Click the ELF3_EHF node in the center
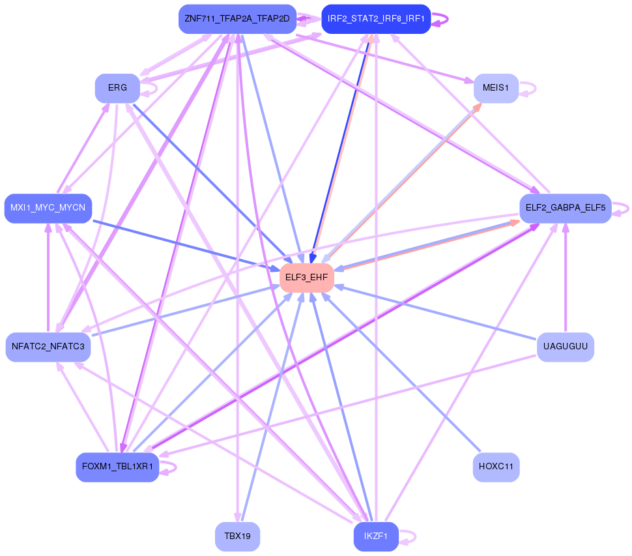(x=306, y=278)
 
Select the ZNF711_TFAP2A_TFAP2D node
(x=237, y=19)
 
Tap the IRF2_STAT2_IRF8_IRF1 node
(x=376, y=19)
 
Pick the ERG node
(x=117, y=88)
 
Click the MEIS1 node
(x=496, y=88)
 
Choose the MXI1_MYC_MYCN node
(x=48, y=209)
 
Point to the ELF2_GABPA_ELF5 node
(x=565, y=209)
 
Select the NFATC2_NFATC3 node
(x=48, y=347)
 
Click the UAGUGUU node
(x=565, y=347)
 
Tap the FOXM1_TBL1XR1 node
(x=117, y=467)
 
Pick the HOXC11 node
(x=496, y=467)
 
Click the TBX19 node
(x=237, y=536)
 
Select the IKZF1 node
(x=376, y=536)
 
